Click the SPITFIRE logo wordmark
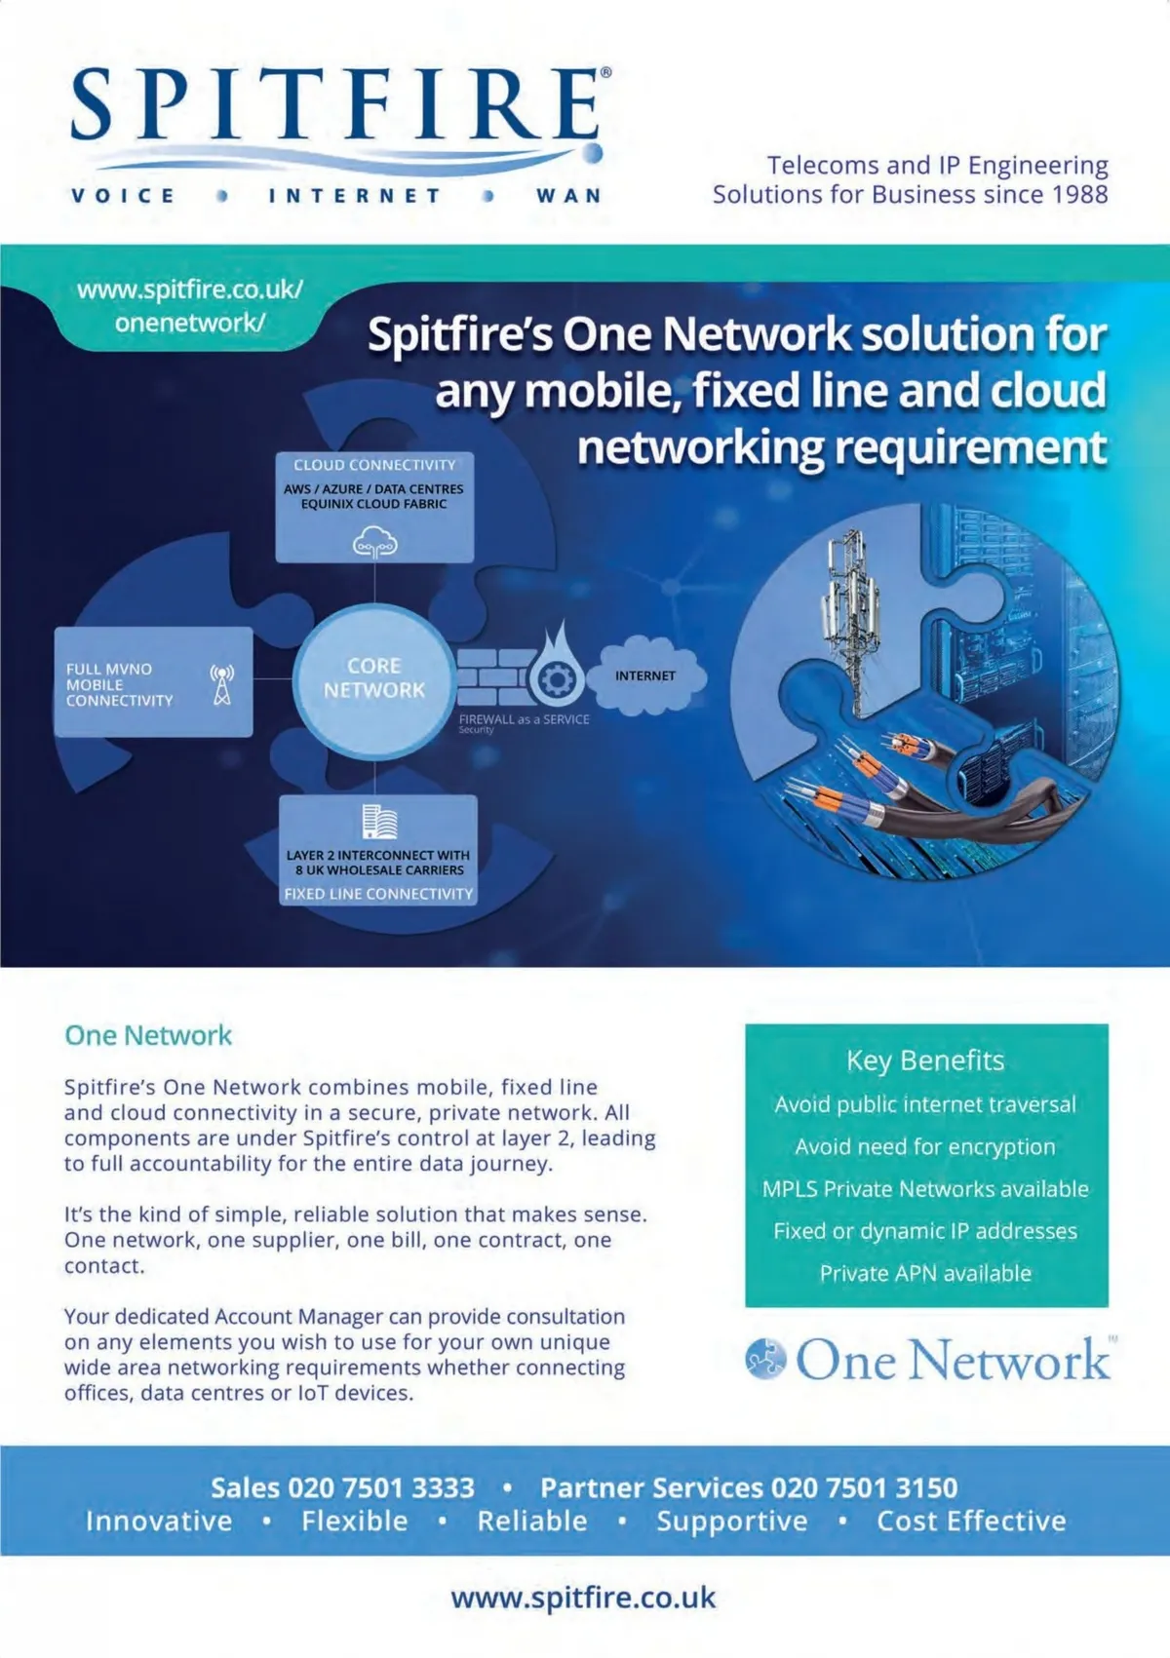336,104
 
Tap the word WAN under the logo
568,196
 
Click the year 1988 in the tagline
1080,194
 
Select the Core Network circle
374,678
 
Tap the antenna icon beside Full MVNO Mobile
222,684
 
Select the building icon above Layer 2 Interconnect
378,822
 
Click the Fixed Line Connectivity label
378,893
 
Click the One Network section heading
148,1035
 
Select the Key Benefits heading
925,1060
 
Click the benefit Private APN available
925,1273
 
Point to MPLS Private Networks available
925,1189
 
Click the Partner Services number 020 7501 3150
864,1487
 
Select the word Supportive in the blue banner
732,1522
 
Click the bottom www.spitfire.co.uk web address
583,1599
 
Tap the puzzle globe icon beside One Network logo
765,1359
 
